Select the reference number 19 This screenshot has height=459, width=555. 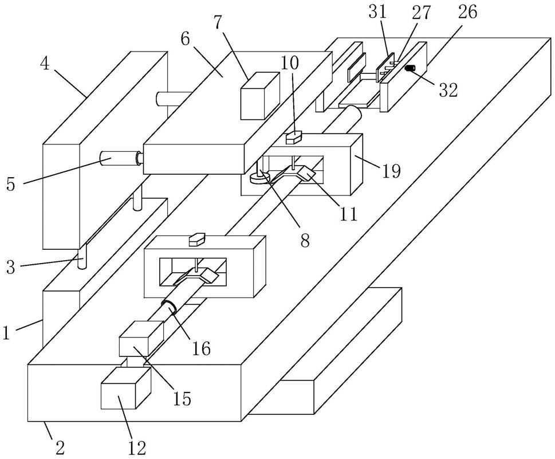coord(391,171)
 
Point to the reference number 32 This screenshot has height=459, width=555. coord(448,90)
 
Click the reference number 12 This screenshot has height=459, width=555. coord(137,449)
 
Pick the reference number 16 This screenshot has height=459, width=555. coord(201,348)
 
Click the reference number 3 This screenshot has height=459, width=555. coord(11,268)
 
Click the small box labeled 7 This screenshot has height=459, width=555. coord(260,95)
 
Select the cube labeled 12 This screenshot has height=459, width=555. coord(126,388)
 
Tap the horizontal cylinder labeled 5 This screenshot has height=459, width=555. coord(120,158)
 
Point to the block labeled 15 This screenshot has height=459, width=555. coord(141,338)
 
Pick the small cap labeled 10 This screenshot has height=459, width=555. coord(293,138)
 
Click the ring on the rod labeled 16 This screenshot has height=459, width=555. coord(170,307)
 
